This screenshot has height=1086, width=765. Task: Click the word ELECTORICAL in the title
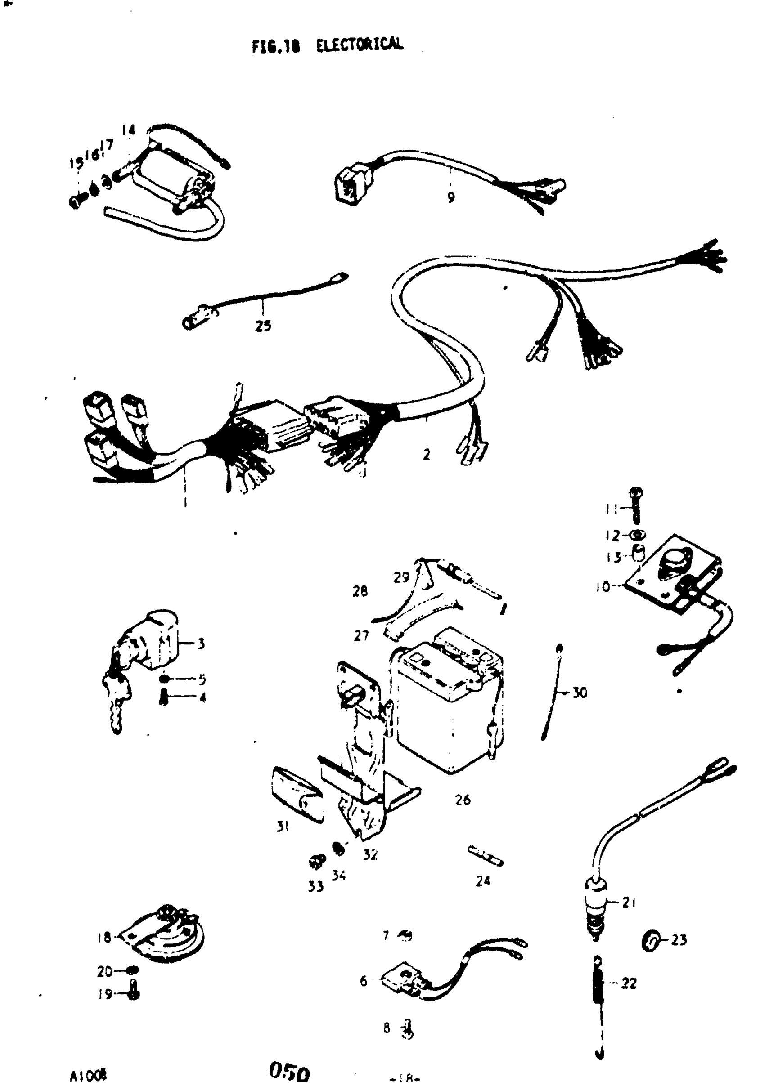coord(360,45)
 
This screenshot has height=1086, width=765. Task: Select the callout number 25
coord(263,326)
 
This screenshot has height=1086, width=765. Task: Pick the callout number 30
coord(580,693)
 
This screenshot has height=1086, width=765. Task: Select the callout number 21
coord(628,903)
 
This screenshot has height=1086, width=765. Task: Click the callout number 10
coord(603,587)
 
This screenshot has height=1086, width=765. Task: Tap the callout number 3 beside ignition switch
coord(201,643)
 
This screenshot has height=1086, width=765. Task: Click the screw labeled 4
coord(164,697)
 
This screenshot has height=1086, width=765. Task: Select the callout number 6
coord(363,981)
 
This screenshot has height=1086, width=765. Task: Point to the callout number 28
coord(360,591)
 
